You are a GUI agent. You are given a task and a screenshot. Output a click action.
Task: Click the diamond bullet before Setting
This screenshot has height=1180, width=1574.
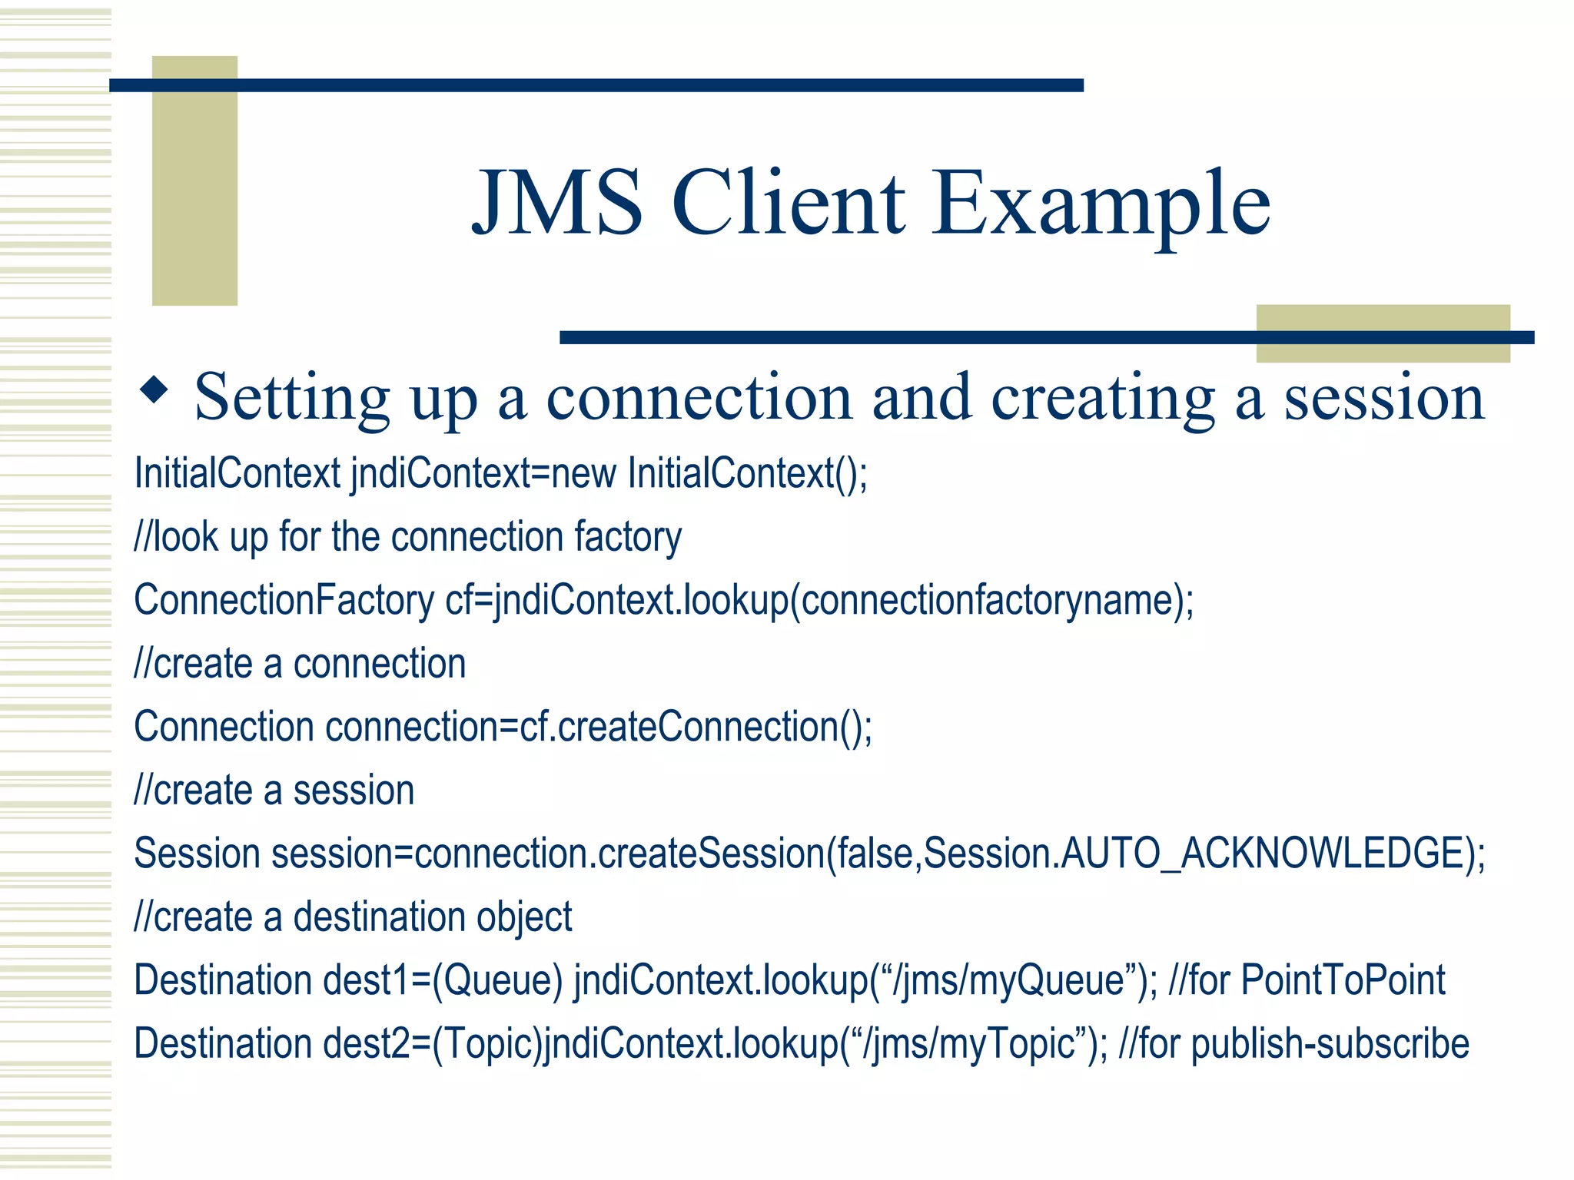154,390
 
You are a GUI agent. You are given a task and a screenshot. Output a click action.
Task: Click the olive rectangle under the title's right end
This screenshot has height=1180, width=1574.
1382,333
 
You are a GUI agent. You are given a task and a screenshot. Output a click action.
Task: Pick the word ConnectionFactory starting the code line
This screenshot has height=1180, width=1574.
284,600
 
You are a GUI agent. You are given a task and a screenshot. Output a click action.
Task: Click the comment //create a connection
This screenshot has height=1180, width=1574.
300,664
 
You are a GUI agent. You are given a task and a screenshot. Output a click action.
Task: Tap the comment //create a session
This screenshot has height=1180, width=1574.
274,791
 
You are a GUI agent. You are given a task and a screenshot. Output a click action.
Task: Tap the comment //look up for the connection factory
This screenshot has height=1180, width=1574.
407,537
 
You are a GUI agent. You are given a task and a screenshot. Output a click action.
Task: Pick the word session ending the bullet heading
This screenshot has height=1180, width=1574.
1384,398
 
